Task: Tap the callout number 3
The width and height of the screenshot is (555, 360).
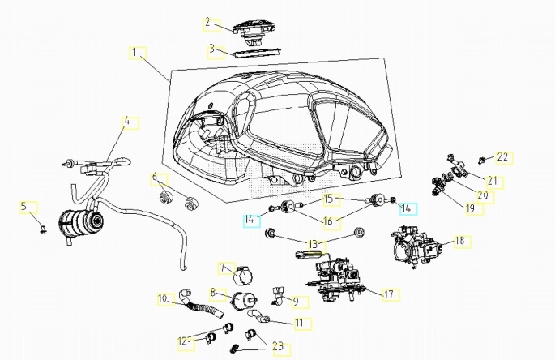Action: [212, 49]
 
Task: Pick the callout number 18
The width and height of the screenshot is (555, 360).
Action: [461, 241]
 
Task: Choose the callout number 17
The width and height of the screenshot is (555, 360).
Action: [390, 294]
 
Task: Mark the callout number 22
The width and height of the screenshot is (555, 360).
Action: [503, 156]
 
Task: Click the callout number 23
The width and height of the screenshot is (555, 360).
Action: [279, 348]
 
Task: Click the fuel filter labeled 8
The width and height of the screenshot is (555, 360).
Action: [241, 299]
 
